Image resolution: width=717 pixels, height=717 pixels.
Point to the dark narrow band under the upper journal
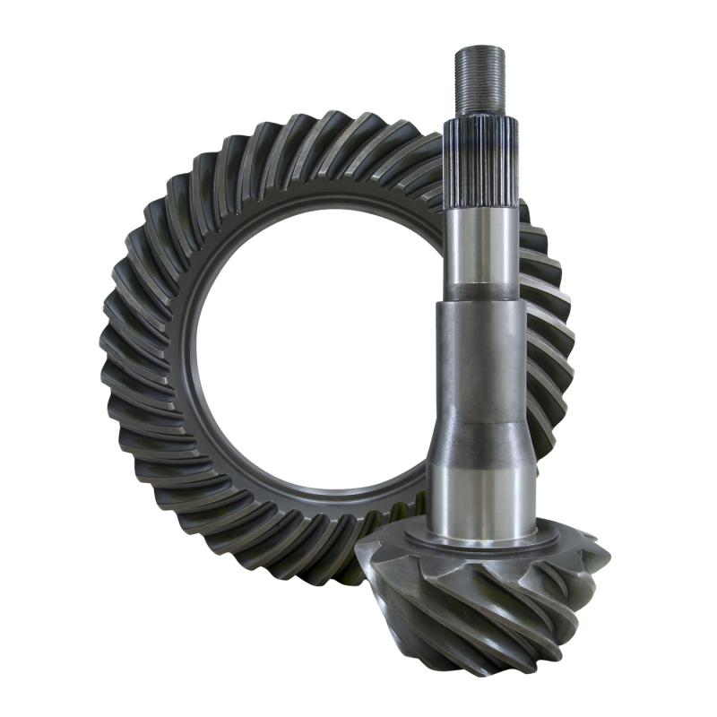(480, 292)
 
